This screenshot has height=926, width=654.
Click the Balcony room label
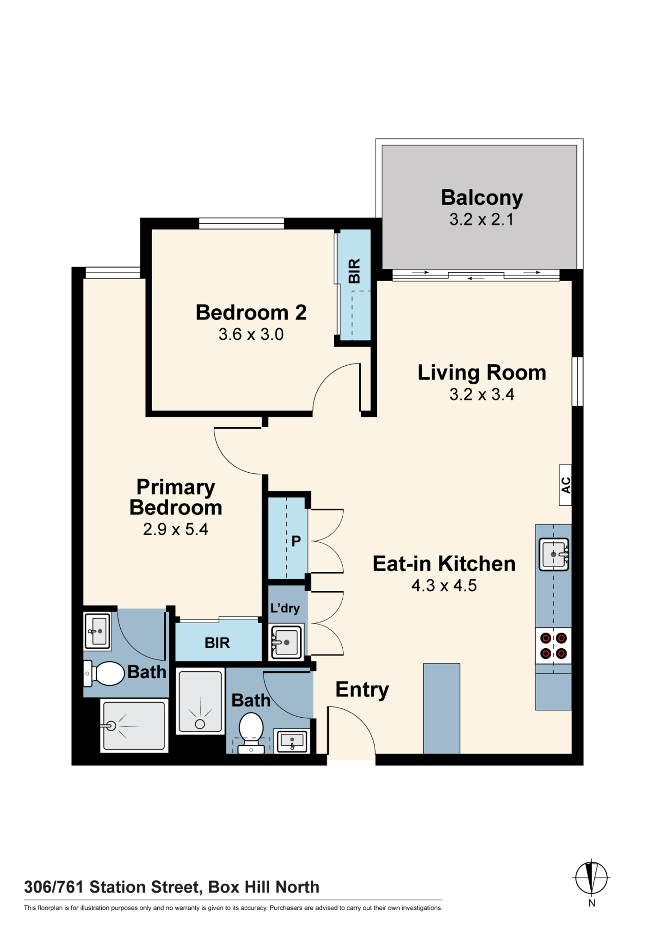click(x=481, y=198)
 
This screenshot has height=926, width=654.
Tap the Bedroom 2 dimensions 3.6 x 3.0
click(x=251, y=334)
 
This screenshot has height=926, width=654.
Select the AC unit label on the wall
click(x=566, y=485)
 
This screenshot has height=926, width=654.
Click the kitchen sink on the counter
click(x=554, y=554)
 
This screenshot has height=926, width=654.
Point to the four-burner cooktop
click(x=554, y=646)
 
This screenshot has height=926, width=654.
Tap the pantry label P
click(x=296, y=541)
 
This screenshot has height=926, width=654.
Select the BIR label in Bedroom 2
click(x=354, y=271)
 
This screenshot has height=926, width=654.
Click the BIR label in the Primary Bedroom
click(x=217, y=643)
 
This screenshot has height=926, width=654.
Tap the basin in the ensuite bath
click(x=97, y=631)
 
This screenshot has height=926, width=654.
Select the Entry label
click(x=362, y=690)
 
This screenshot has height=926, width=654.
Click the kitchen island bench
click(x=442, y=708)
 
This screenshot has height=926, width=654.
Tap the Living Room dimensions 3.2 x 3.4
click(x=481, y=394)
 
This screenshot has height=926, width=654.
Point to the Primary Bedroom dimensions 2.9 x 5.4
click(x=175, y=529)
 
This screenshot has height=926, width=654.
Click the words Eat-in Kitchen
click(x=444, y=564)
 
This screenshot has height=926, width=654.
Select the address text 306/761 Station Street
click(x=113, y=888)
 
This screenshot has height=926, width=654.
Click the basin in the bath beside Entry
click(x=291, y=741)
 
